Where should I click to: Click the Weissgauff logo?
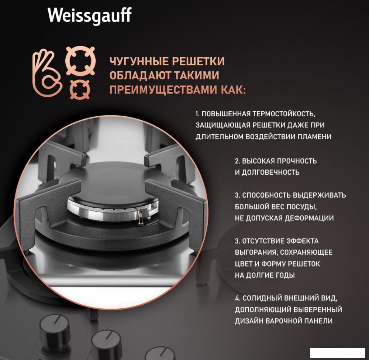click(89, 16)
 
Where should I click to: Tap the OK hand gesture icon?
click(47, 73)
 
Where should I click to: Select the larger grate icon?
click(80, 61)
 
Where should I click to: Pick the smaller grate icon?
click(80, 90)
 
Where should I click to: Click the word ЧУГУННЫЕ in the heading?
click(139, 61)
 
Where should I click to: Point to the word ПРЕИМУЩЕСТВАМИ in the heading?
click(163, 90)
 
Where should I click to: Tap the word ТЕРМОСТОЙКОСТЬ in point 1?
click(284, 114)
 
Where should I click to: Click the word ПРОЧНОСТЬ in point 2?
click(297, 161)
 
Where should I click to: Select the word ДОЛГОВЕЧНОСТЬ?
click(270, 172)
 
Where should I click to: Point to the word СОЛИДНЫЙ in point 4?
click(262, 298)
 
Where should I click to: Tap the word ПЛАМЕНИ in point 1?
click(314, 137)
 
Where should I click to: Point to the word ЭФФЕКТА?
click(303, 241)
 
